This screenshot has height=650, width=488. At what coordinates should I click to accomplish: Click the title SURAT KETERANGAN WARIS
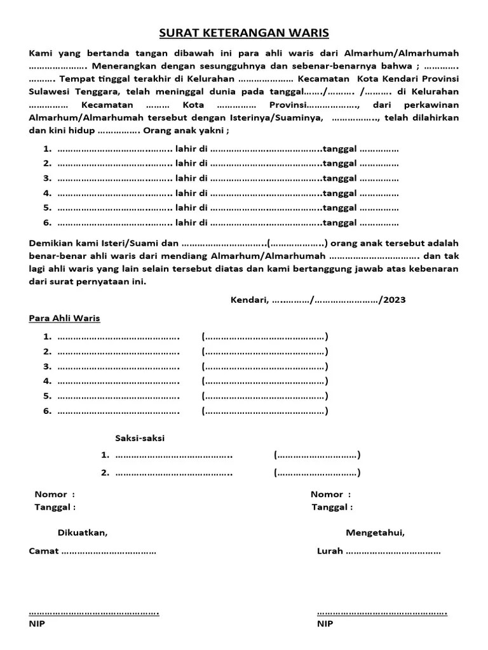pos(244,32)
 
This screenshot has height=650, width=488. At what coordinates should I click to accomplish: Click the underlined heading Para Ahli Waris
pos(65,318)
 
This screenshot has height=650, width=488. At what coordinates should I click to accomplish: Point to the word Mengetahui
pos(375,532)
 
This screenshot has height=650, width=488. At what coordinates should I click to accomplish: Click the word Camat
pos(44,551)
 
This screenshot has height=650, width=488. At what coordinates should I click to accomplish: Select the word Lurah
pos(330,551)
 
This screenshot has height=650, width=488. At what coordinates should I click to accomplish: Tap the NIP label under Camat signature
pos(37,624)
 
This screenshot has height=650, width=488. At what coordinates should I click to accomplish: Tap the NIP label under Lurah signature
pos(325,624)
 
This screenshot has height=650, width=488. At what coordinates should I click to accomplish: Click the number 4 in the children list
pos(46,193)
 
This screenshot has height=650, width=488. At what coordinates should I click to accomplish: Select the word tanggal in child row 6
pos(340,222)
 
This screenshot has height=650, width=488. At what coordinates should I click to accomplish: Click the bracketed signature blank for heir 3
pos(265,366)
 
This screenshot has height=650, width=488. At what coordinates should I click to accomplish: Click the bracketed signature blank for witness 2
pos(317,472)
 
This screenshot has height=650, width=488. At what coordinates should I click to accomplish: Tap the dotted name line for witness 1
pos(174,455)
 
